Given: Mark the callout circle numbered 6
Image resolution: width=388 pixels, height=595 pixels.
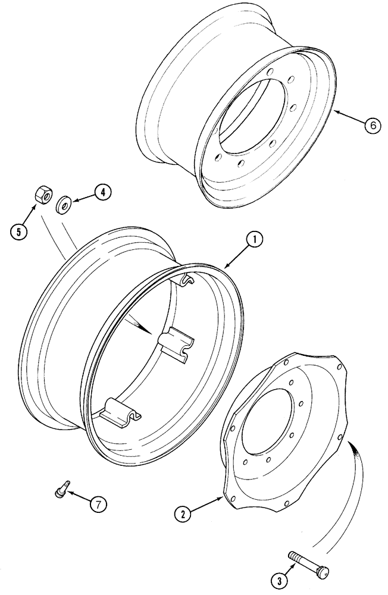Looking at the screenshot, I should pos(370,126).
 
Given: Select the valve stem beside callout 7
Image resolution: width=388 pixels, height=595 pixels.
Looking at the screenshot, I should pos(61,491).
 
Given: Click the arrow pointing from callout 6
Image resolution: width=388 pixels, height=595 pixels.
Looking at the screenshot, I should pos(348,119).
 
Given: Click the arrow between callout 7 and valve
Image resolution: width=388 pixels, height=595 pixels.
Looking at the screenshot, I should pos(79,498).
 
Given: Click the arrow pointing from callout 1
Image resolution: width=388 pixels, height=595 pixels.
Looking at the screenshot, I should pos(238,252).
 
